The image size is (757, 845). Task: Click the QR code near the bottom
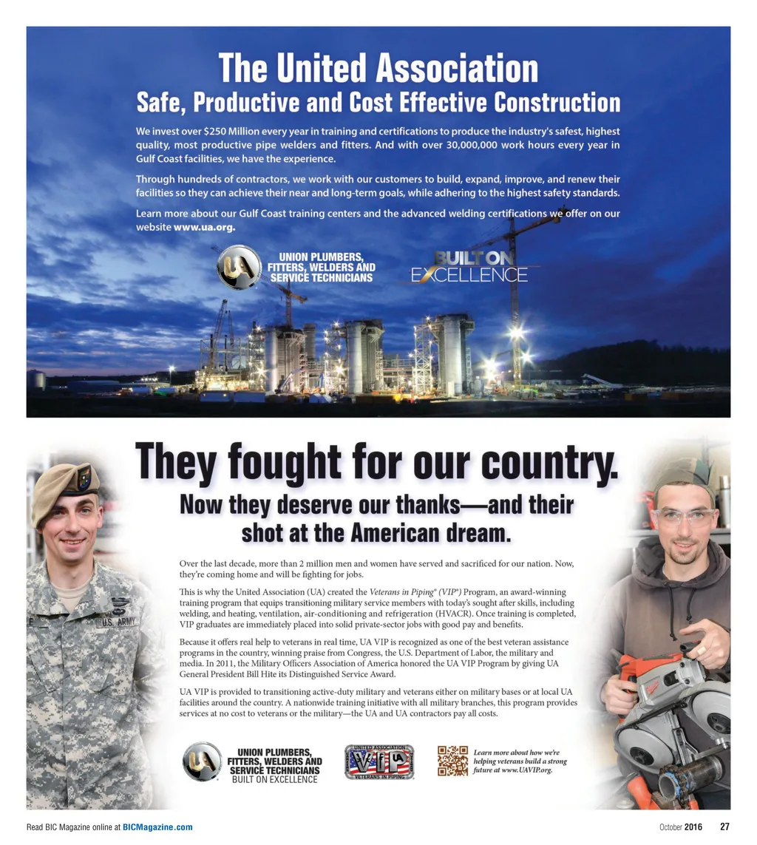tap(452, 761)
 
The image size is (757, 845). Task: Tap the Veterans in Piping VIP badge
tap(379, 762)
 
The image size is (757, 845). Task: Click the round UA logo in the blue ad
tap(239, 268)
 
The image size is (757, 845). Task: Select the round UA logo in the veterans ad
tap(202, 761)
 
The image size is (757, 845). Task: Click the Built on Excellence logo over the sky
tap(469, 268)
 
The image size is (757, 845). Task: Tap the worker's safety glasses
tap(685, 516)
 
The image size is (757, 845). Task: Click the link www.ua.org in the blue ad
tap(204, 228)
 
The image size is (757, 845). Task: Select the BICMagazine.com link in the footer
tap(157, 827)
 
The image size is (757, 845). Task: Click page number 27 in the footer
tap(724, 827)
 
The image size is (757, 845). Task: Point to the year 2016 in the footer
tap(693, 827)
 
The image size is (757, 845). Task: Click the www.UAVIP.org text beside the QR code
tap(524, 770)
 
